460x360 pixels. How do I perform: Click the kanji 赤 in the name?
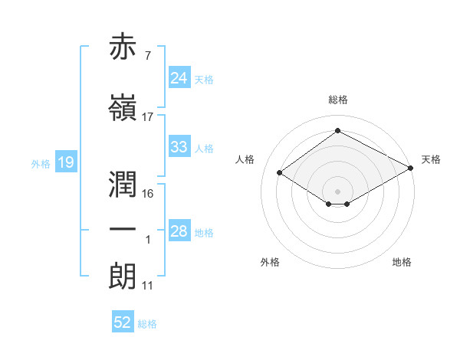point(123,47)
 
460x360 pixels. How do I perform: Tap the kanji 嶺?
point(123,108)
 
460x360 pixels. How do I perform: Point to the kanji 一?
point(123,230)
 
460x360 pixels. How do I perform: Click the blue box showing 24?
point(179,78)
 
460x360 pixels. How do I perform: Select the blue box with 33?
point(179,147)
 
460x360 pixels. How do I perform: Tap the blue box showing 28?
point(179,231)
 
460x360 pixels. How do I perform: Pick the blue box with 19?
point(66,162)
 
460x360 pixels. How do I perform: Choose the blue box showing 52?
point(123,322)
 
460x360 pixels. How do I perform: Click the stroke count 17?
point(148,117)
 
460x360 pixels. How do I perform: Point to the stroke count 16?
point(148,193)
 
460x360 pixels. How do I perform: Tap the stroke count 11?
point(148,286)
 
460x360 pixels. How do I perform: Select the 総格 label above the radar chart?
point(337,100)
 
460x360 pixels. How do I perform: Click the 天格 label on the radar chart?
point(431,159)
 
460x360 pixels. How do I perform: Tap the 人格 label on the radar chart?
point(245,159)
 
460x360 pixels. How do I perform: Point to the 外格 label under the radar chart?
point(270,262)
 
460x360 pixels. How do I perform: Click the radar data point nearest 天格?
point(411,168)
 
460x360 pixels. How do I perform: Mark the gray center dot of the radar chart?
point(337,190)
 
